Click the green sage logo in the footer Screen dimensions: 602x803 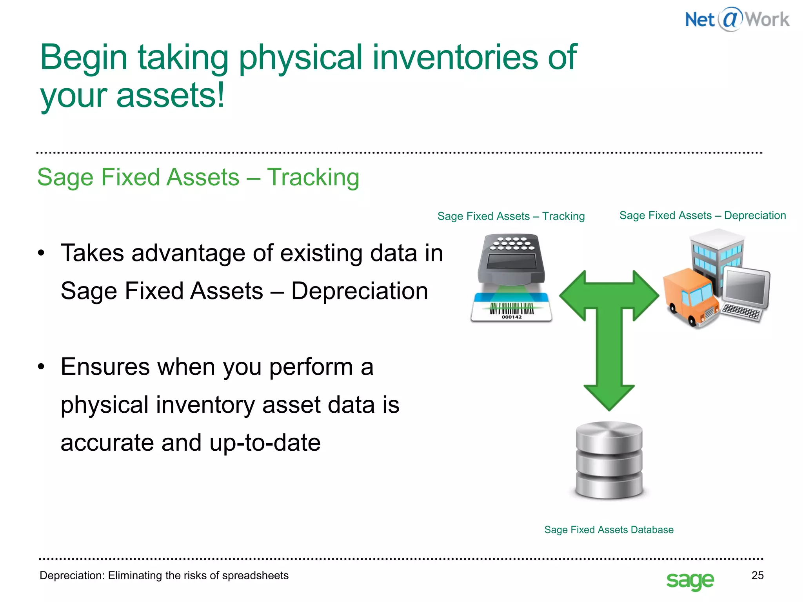[x=690, y=580]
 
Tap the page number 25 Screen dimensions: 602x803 [x=757, y=575]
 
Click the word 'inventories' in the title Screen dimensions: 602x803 [x=455, y=57]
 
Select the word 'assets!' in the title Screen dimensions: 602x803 [x=170, y=95]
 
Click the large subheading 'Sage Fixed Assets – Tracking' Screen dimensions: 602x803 [x=198, y=177]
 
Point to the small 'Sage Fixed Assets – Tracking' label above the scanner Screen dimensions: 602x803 [x=511, y=216]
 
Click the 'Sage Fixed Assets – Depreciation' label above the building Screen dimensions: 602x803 [x=702, y=215]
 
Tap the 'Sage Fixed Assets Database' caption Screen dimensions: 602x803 [x=609, y=529]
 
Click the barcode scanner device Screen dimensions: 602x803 [x=511, y=261]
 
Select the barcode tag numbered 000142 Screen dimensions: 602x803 [x=511, y=310]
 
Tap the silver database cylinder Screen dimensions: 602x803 [x=609, y=461]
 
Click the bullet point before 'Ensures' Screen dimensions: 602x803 [x=41, y=367]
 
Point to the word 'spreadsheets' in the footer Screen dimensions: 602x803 [x=255, y=575]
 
